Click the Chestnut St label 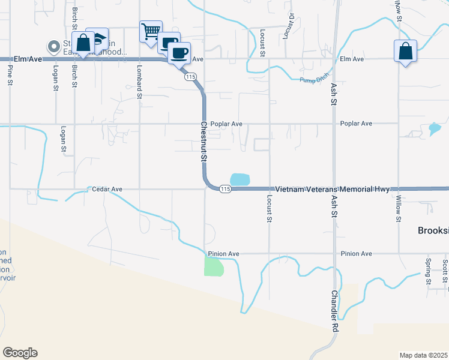click(x=203, y=142)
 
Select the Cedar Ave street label click(x=107, y=189)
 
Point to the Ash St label click(x=334, y=95)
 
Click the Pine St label click(x=10, y=74)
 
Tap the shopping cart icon click(x=150, y=31)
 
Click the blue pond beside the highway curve click(x=240, y=179)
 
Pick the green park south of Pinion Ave click(x=213, y=266)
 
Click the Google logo click(x=20, y=353)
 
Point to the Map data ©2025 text click(x=423, y=355)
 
